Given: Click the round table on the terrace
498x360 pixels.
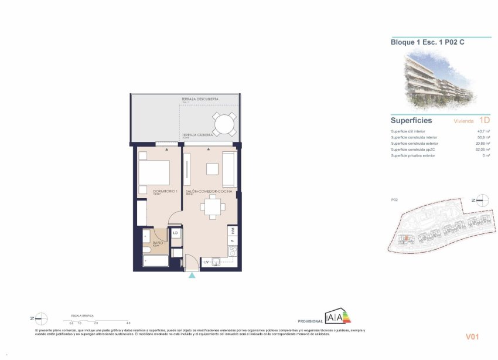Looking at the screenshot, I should (223, 123).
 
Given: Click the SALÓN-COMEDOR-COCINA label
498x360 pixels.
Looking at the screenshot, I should (209, 192).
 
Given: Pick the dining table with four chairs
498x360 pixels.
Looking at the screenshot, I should (212, 207).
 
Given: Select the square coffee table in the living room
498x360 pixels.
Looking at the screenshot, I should (212, 169).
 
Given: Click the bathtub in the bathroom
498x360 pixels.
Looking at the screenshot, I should (155, 260).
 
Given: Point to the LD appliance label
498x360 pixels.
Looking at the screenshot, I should (176, 233).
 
